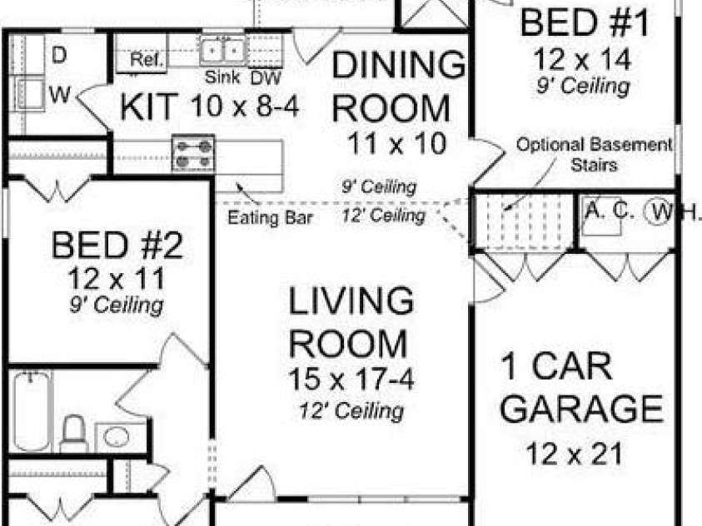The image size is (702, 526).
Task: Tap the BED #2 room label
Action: [117, 246]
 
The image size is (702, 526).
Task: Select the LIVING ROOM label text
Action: [351, 321]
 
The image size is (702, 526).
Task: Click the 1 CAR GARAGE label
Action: [583, 387]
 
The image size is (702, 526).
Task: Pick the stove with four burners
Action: [192, 154]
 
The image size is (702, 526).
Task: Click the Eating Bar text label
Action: [271, 219]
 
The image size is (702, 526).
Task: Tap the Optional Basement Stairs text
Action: [594, 154]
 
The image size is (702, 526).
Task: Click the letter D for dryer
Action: [59, 56]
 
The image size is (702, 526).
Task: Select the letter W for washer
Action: [59, 95]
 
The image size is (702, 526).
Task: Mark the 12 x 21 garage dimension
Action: [574, 454]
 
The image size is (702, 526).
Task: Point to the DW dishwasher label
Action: [265, 78]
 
